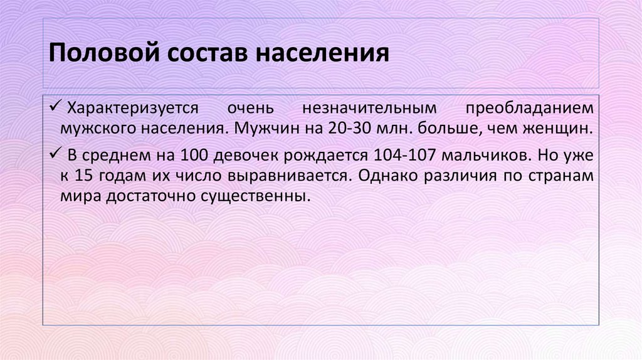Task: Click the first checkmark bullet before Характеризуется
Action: pyautogui.click(x=57, y=108)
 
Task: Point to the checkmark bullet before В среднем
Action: pyautogui.click(x=57, y=154)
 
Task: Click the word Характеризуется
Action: pyautogui.click(x=133, y=109)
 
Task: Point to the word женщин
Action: pyautogui.click(x=562, y=129)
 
